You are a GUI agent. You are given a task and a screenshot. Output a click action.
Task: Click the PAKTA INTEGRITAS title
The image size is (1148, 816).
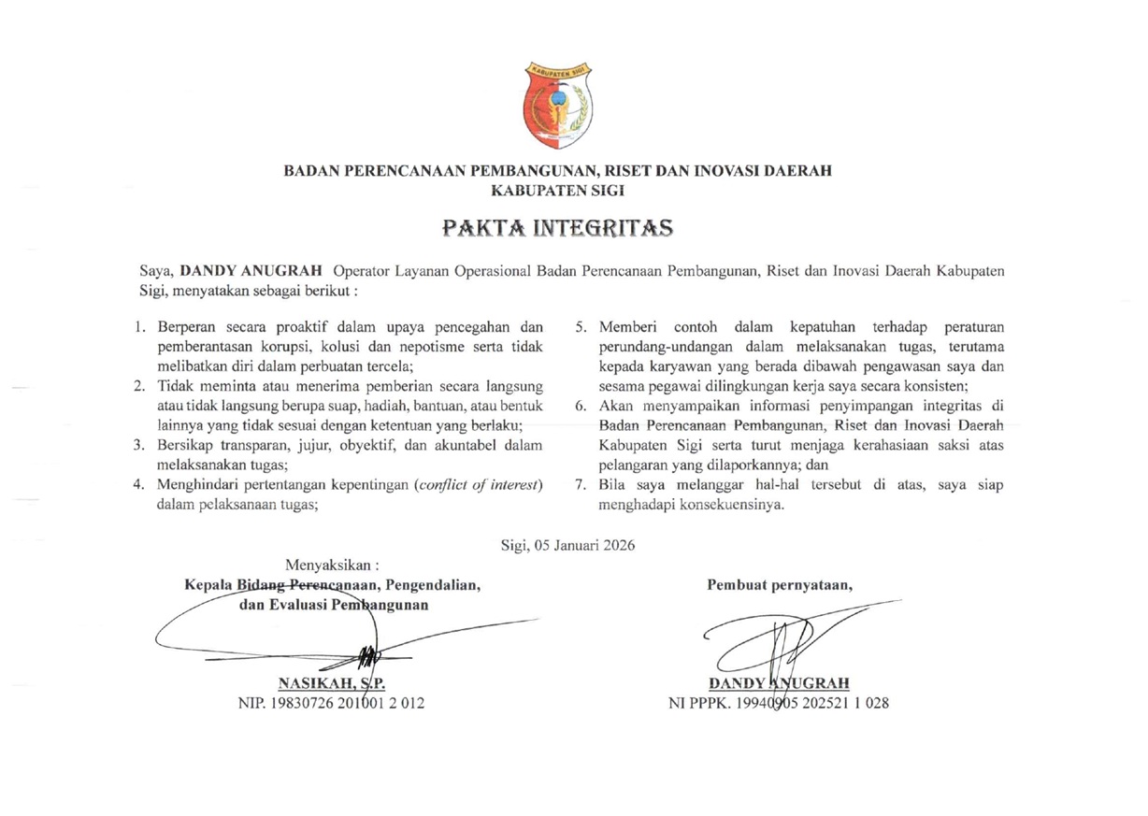coord(557,227)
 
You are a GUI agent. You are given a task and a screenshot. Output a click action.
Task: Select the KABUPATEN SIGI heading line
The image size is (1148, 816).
coord(557,190)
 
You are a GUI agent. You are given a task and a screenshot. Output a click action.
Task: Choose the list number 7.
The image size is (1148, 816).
coord(581,484)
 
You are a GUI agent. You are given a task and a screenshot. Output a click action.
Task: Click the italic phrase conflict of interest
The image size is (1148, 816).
coord(479,484)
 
